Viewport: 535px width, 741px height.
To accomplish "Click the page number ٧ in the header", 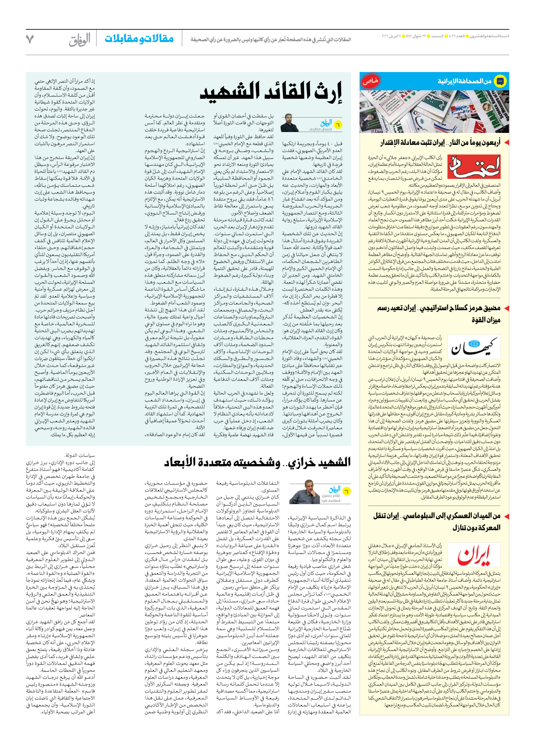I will (30, 39).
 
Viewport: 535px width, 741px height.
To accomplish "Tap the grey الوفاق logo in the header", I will (80, 40).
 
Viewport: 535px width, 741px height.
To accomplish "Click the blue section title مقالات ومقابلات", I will (139, 39).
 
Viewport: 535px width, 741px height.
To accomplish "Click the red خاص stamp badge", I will (370, 81).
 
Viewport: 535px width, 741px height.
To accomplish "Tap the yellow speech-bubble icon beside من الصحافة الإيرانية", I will (500, 81).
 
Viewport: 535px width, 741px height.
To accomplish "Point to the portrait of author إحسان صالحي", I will (290, 123).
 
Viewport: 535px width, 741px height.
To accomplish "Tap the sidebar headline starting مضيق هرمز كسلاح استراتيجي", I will (439, 308).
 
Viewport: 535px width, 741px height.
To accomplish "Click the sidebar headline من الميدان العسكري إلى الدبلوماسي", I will (437, 516).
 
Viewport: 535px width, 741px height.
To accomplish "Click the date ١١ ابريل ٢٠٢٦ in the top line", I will (391, 36).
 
